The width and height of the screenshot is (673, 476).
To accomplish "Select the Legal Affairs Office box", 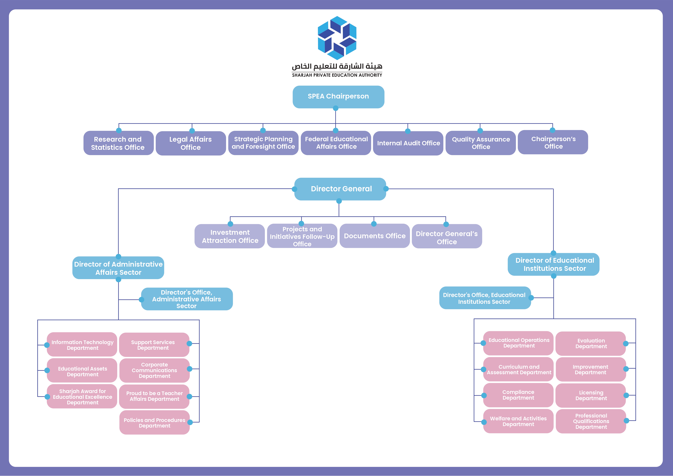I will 190,143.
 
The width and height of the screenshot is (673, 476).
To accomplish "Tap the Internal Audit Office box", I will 408,143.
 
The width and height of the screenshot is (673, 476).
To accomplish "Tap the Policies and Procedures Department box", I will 155,423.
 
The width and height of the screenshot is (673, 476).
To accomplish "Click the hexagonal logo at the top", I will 337,38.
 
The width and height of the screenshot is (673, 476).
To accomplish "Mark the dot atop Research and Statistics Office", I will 119,130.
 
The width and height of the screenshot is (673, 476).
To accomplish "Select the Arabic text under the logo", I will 337,66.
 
